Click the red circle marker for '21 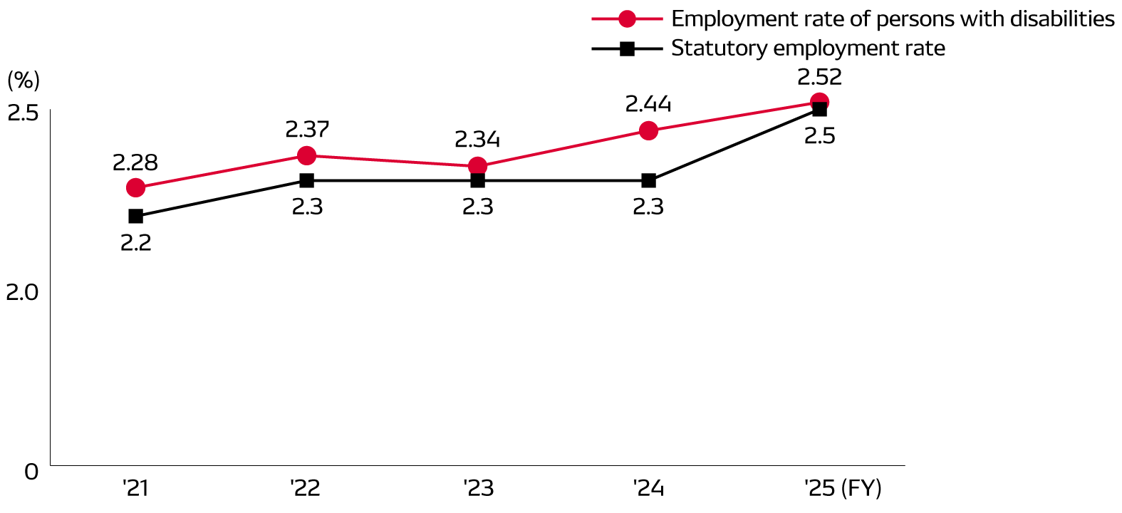[135, 188]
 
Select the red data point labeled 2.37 [306, 155]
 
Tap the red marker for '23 [477, 167]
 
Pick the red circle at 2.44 [648, 130]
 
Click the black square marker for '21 [135, 216]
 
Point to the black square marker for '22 [306, 180]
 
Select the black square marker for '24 [648, 180]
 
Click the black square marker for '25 [819, 109]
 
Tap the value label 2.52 [819, 77]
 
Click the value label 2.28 [135, 163]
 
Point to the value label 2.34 [477, 140]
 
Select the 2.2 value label [135, 243]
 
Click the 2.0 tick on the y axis [22, 292]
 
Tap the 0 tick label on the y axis [31, 472]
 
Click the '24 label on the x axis [648, 489]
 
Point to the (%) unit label [24, 81]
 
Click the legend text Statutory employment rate [808, 48]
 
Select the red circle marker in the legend [627, 19]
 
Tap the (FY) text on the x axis [861, 489]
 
